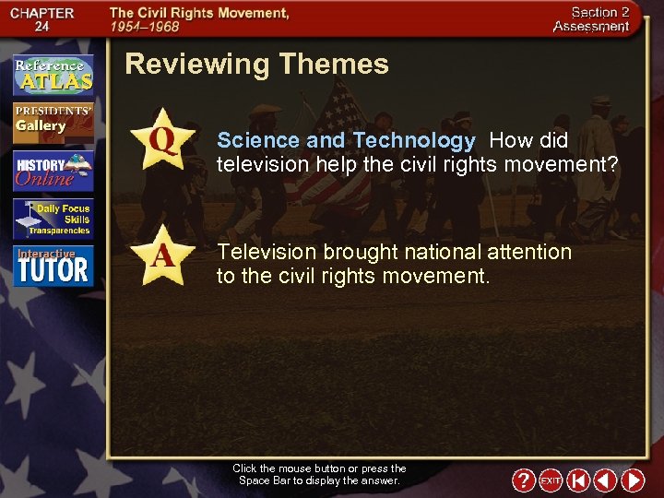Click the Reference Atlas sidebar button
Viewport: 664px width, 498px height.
click(x=53, y=75)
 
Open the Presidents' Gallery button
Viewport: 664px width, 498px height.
click(x=53, y=123)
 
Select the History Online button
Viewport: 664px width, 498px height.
click(x=53, y=171)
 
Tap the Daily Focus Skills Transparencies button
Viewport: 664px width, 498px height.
click(x=53, y=219)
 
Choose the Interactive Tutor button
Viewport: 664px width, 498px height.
click(x=53, y=266)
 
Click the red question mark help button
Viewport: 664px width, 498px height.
click(x=523, y=480)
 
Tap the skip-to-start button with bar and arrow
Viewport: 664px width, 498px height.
click(x=578, y=480)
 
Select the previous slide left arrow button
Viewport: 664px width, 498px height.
click(x=605, y=480)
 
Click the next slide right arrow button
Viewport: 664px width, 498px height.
click(x=633, y=480)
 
